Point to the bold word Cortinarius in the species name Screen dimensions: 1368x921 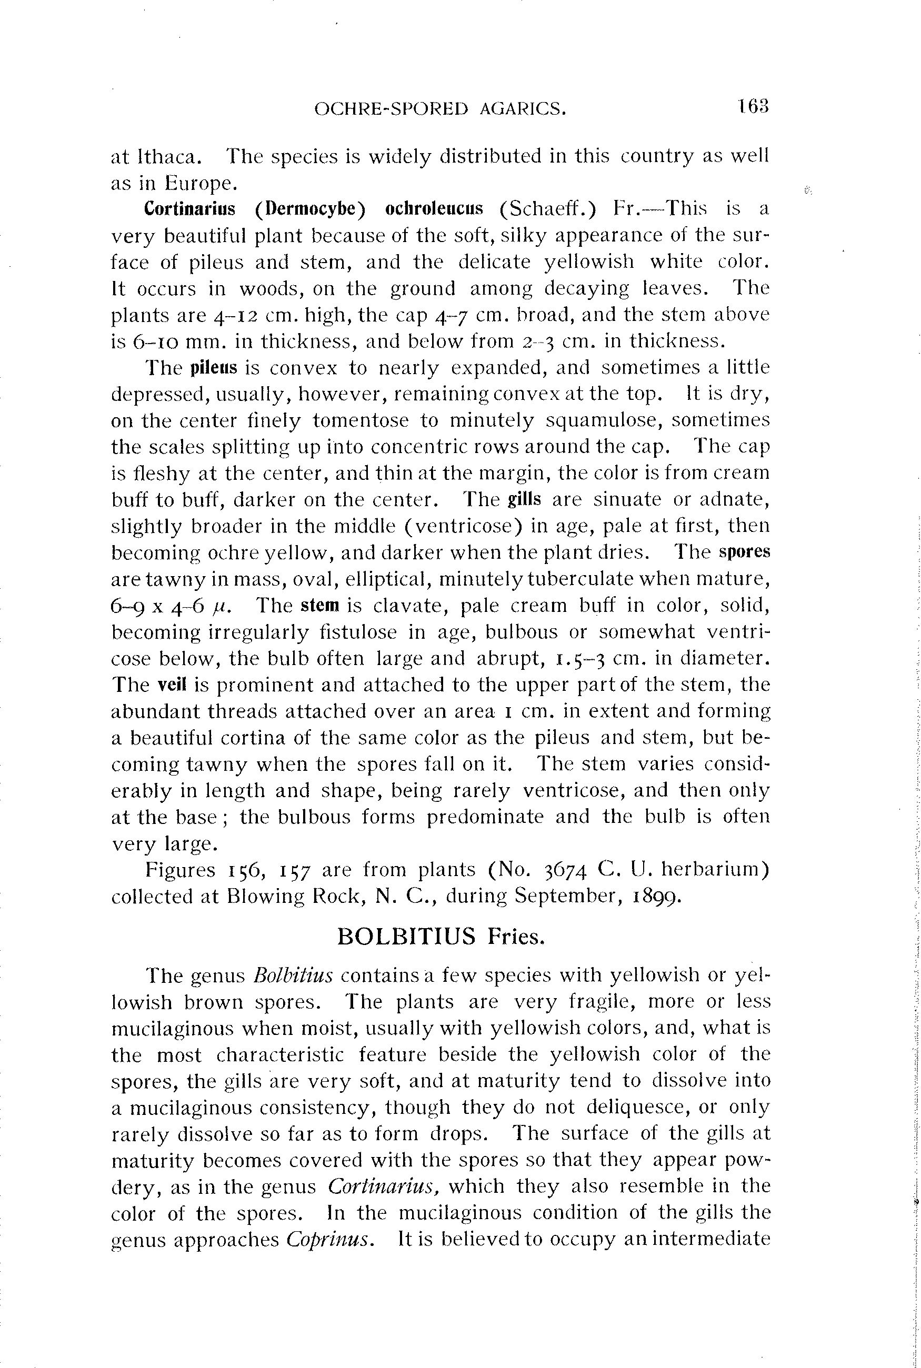point(189,209)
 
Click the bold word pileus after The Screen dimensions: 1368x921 point(214,368)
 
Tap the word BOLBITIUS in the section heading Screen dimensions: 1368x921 point(406,937)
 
